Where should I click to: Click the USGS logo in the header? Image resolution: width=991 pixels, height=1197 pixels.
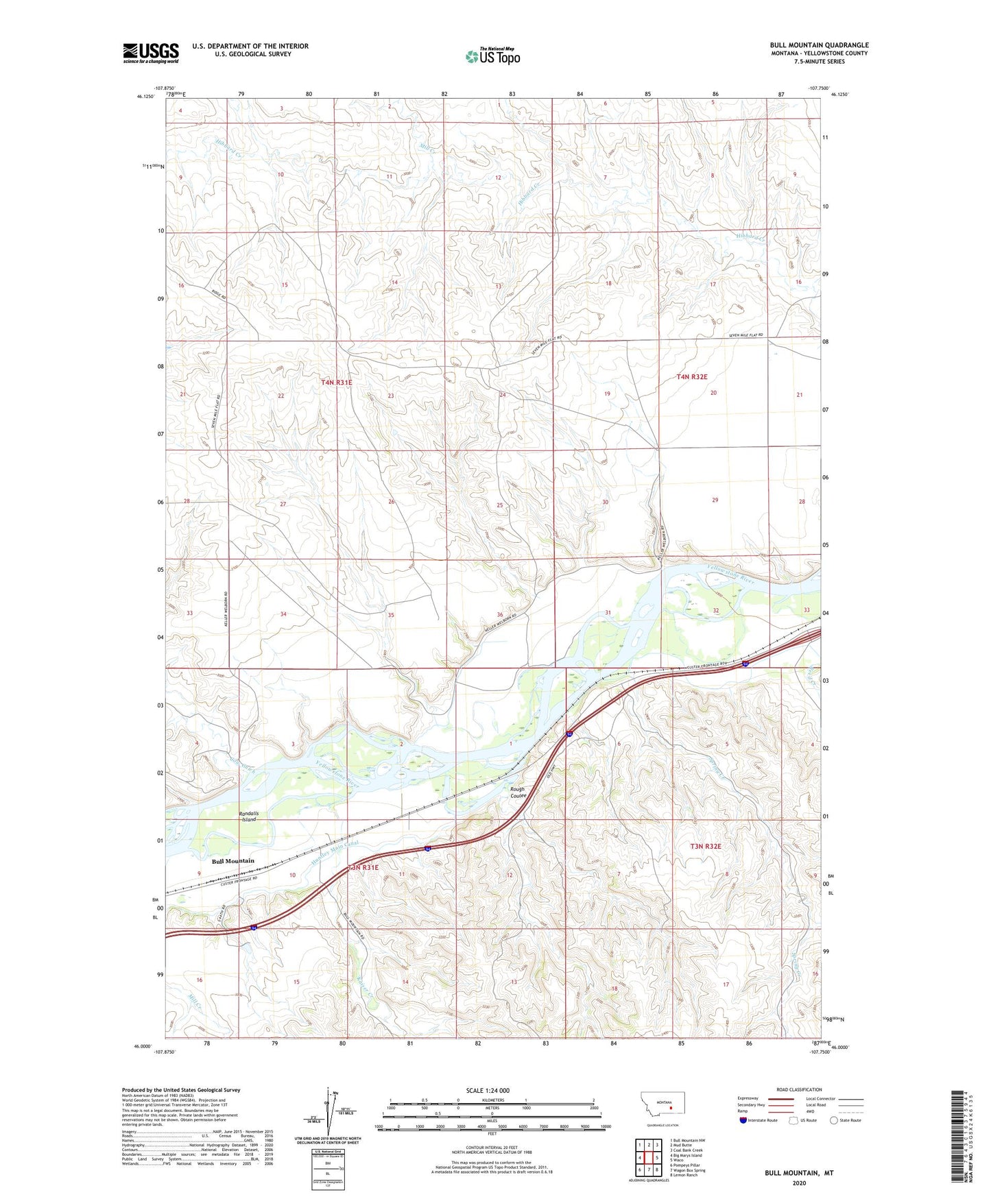pyautogui.click(x=151, y=53)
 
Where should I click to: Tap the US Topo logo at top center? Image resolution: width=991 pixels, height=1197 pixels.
pyautogui.click(x=492, y=56)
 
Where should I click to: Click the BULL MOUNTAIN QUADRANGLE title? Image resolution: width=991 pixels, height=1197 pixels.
pyautogui.click(x=818, y=45)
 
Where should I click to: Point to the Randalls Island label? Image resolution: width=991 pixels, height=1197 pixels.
pyautogui.click(x=248, y=817)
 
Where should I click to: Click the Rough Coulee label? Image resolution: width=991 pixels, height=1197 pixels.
pyautogui.click(x=518, y=792)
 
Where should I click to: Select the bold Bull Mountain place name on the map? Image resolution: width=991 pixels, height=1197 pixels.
pyautogui.click(x=232, y=861)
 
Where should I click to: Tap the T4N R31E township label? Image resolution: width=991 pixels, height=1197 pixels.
pyautogui.click(x=336, y=382)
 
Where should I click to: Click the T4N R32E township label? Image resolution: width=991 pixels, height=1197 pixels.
pyautogui.click(x=691, y=377)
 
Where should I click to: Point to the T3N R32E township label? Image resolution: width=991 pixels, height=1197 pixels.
pyautogui.click(x=705, y=847)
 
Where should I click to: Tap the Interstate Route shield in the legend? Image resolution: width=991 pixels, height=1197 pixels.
pyautogui.click(x=743, y=1120)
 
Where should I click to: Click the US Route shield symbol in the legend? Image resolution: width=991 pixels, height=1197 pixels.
pyautogui.click(x=794, y=1120)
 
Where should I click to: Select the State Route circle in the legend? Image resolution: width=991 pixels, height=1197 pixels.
pyautogui.click(x=834, y=1120)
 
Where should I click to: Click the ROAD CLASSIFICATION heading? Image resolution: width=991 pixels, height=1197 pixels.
pyautogui.click(x=799, y=1089)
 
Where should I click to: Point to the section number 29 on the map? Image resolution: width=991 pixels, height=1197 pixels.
pyautogui.click(x=715, y=500)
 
